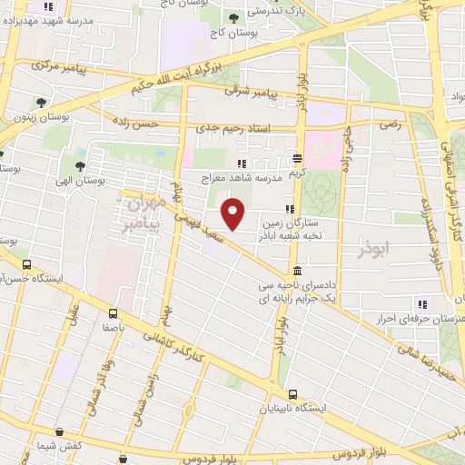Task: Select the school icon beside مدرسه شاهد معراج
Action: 241,163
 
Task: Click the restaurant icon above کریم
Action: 298,157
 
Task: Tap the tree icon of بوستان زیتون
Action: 41,103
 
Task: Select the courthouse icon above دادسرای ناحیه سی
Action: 298,272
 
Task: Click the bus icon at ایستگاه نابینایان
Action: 292,394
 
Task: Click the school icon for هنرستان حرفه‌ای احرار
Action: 420,303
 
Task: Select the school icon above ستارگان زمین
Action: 289,209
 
